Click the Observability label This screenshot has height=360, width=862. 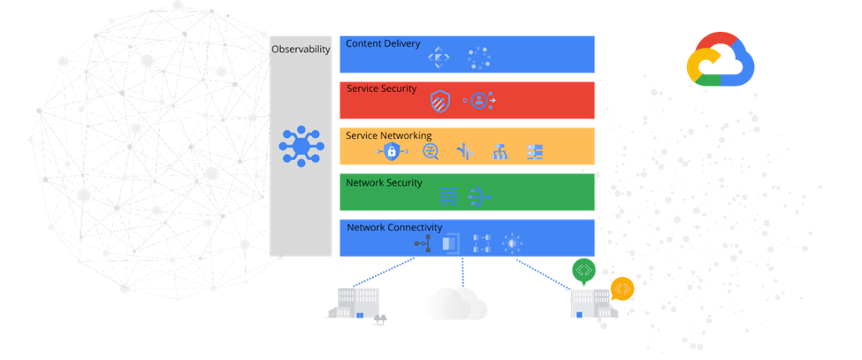pyautogui.click(x=301, y=50)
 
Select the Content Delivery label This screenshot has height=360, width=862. pyautogui.click(x=383, y=43)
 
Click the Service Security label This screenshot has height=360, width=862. pyautogui.click(x=380, y=88)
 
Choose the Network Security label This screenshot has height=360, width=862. pyautogui.click(x=385, y=182)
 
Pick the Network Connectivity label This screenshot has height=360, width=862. pyautogui.click(x=393, y=227)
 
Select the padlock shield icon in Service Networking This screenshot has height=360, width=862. pyautogui.click(x=392, y=152)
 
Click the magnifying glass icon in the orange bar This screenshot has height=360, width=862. pyautogui.click(x=431, y=152)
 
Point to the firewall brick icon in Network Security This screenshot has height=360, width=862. pyautogui.click(x=448, y=195)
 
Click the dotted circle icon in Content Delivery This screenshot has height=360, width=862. pyautogui.click(x=479, y=58)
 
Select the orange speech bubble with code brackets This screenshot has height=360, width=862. pyautogui.click(x=622, y=287)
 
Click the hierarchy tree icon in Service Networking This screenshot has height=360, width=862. pyautogui.click(x=499, y=152)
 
